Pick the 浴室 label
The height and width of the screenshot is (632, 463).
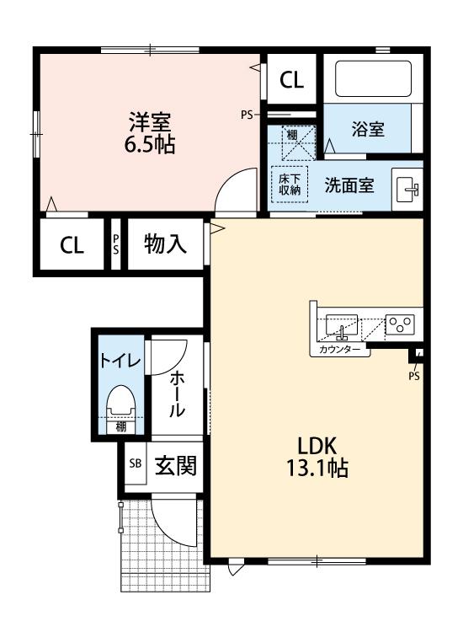click(x=368, y=130)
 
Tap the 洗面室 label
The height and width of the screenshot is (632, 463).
click(x=350, y=185)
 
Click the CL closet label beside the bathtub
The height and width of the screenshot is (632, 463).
click(x=291, y=81)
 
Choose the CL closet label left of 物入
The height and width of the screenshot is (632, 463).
click(x=72, y=245)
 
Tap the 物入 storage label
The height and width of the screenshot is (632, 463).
click(x=165, y=245)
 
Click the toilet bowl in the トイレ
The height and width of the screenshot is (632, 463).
click(x=122, y=403)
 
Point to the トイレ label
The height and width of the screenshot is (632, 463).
click(x=121, y=362)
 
